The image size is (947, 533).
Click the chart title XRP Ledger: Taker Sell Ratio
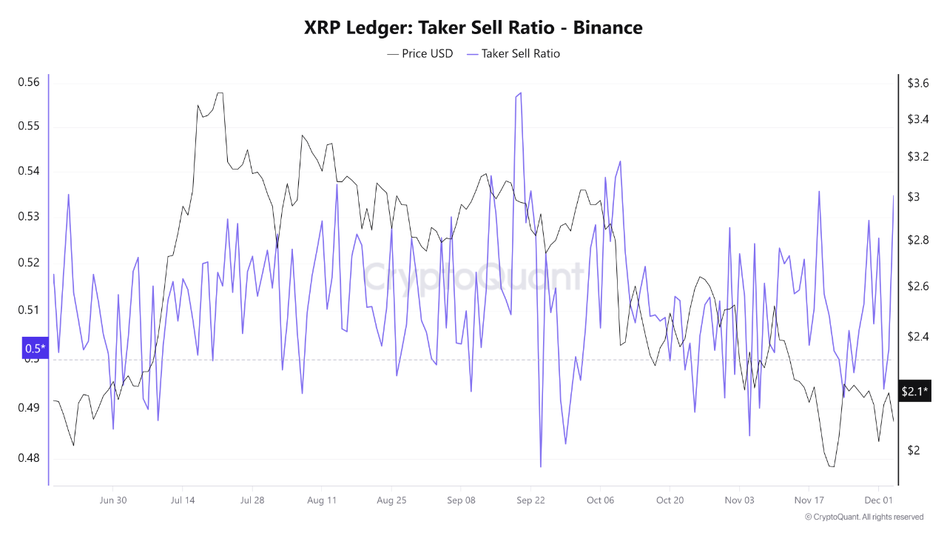pyautogui.click(x=473, y=28)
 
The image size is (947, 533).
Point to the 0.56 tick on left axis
pyautogui.click(x=28, y=82)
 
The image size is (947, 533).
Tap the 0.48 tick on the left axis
pyautogui.click(x=28, y=458)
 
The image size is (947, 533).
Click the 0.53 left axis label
pyautogui.click(x=28, y=217)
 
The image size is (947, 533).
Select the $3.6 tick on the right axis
pyautogui.click(x=918, y=84)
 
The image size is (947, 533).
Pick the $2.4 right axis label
pyautogui.click(x=918, y=337)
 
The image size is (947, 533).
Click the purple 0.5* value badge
pyautogui.click(x=35, y=348)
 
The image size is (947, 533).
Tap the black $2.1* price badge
pyautogui.click(x=914, y=391)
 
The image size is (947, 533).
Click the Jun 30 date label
pyautogui.click(x=112, y=500)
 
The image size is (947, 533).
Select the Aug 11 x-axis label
pyautogui.click(x=322, y=500)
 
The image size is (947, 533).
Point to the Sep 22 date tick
pyautogui.click(x=530, y=500)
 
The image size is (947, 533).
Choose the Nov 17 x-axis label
pyautogui.click(x=809, y=500)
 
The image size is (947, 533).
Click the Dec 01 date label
pyautogui.click(x=878, y=500)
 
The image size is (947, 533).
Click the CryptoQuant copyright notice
pyautogui.click(x=863, y=517)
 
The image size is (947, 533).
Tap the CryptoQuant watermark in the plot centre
pyautogui.click(x=473, y=278)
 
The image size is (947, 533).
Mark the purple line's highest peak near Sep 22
pyautogui.click(x=521, y=93)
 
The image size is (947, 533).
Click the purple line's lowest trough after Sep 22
pyautogui.click(x=541, y=466)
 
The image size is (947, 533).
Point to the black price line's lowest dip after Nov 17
pyautogui.click(x=832, y=466)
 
